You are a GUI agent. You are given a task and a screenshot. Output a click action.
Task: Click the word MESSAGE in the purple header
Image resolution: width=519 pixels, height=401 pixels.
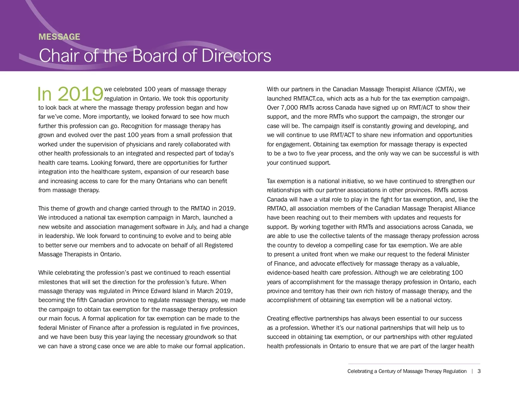[59, 37]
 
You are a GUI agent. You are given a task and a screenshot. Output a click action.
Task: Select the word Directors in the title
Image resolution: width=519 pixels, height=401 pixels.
[236, 56]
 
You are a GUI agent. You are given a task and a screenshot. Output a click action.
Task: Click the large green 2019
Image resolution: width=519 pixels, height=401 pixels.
[80, 94]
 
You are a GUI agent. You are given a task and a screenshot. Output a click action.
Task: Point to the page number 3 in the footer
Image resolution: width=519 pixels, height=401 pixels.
[479, 371]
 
